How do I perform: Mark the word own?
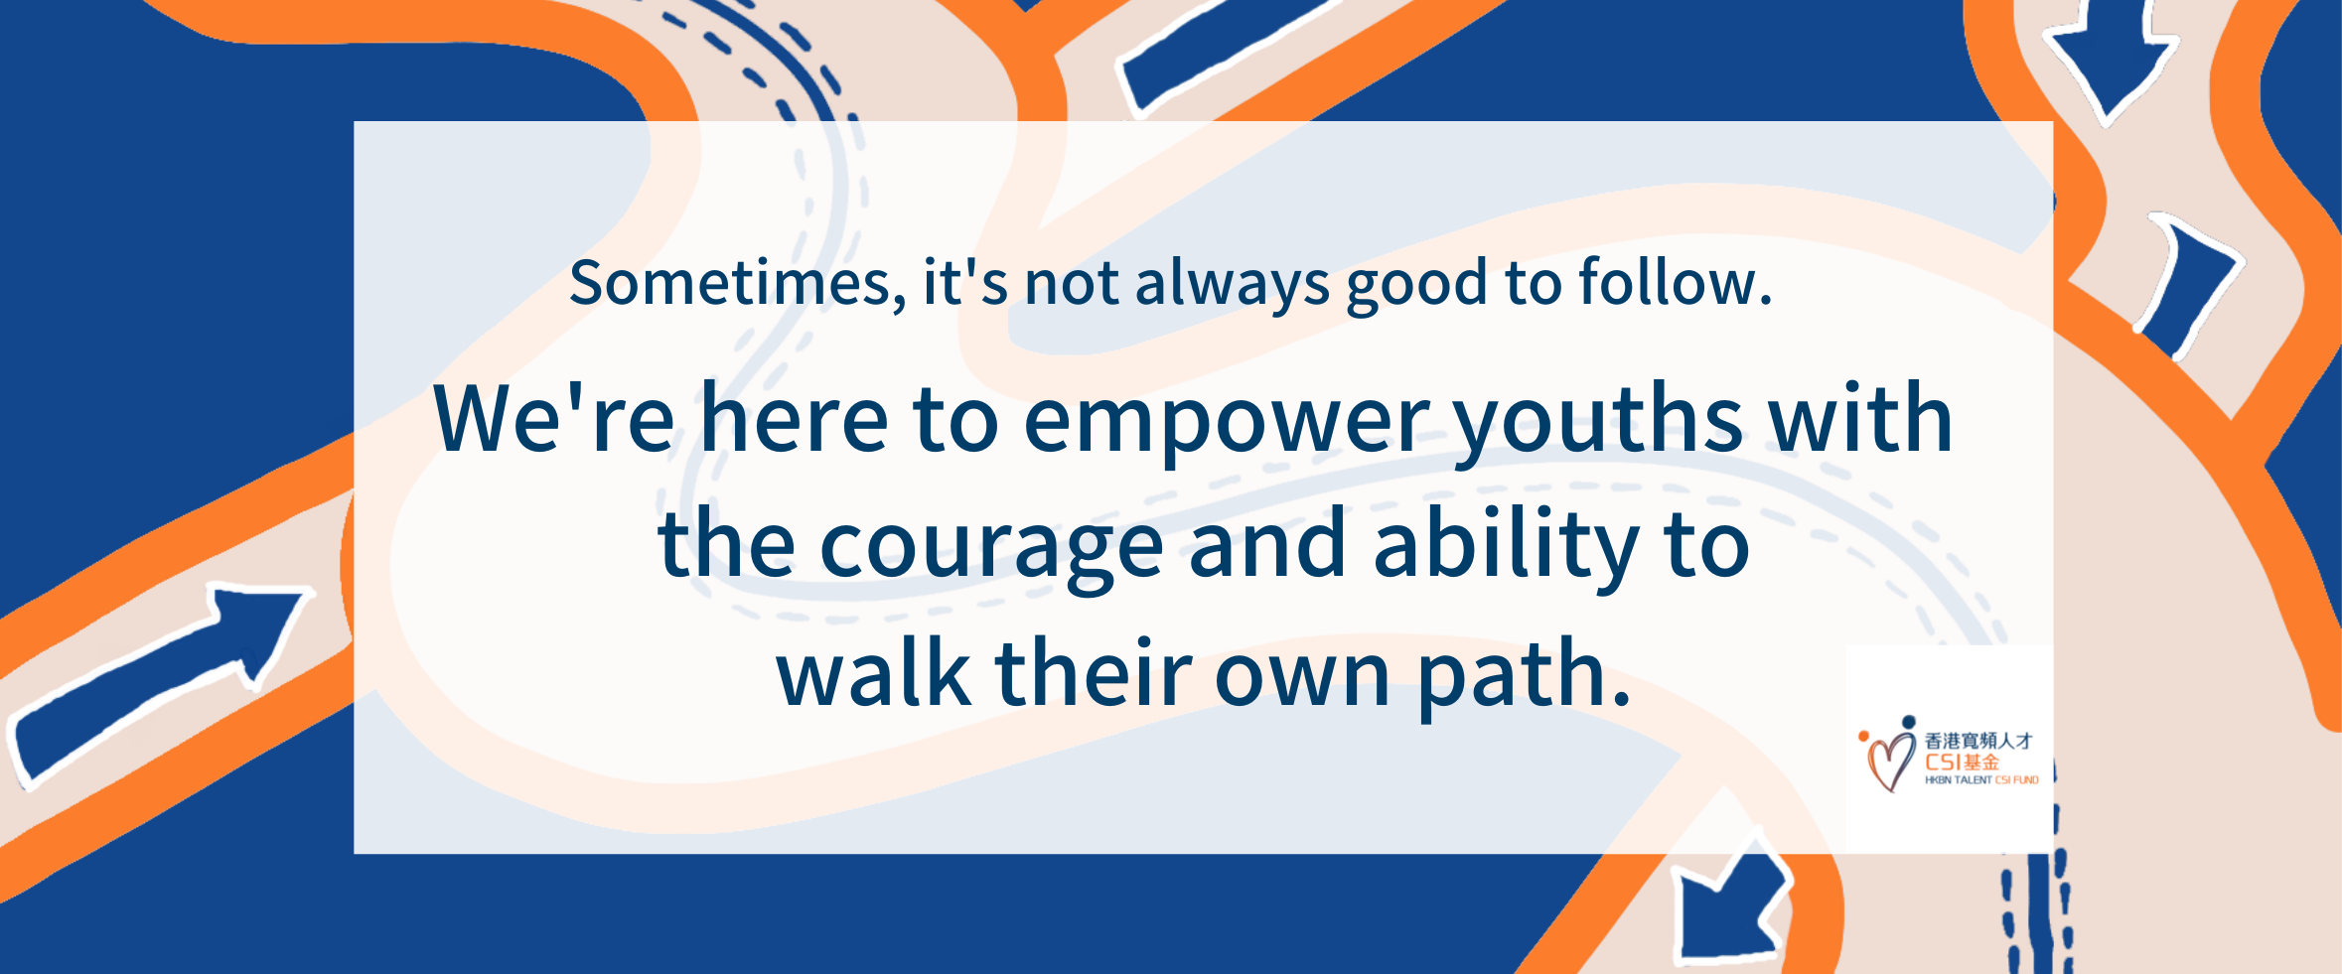click(x=1303, y=680)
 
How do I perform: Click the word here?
click(x=795, y=418)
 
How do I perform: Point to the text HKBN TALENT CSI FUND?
click(x=1981, y=780)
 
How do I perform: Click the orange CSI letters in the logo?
click(x=1943, y=763)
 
